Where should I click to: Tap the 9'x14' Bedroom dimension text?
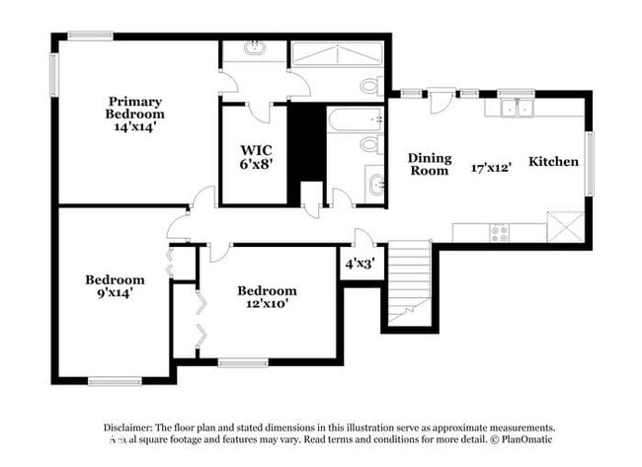[x=115, y=293]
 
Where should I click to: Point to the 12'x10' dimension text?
[x=267, y=304]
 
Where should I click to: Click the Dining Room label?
[x=430, y=164]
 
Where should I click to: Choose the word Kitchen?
[x=553, y=161]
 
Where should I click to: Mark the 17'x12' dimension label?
[x=490, y=168]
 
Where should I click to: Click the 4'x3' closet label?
[x=359, y=265]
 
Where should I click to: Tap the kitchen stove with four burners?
[x=500, y=232]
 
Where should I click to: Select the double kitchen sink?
[x=516, y=108]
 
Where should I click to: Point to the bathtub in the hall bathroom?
[x=354, y=120]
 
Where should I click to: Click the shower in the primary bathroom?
[x=336, y=54]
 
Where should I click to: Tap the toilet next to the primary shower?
[x=369, y=86]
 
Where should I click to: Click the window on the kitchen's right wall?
[x=590, y=163]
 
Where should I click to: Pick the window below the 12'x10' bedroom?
[x=243, y=363]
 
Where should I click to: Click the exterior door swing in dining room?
[x=440, y=103]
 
